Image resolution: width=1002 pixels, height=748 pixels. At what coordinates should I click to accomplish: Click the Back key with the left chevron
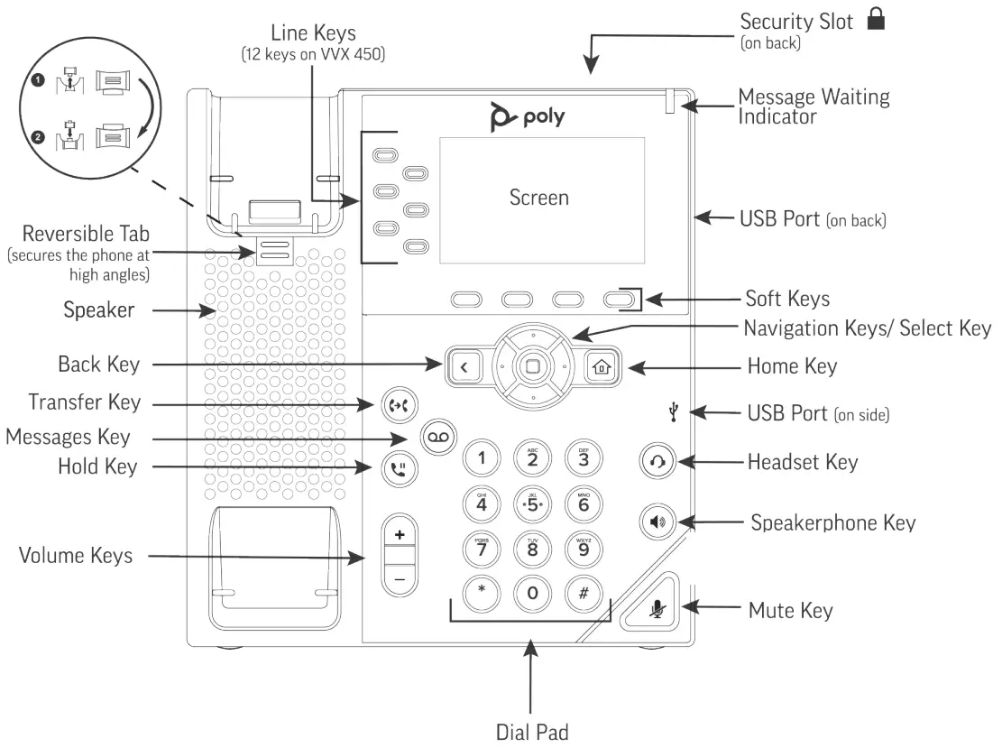tap(463, 367)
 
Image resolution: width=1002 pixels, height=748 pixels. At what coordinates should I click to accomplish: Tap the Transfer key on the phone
tap(396, 405)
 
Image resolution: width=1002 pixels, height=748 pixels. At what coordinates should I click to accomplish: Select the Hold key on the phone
tap(396, 468)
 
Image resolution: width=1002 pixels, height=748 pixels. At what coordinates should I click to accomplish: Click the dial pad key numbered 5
tap(532, 503)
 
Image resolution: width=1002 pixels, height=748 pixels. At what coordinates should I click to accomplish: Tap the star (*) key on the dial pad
tap(481, 592)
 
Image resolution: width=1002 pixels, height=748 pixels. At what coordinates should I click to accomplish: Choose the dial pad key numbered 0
tap(532, 593)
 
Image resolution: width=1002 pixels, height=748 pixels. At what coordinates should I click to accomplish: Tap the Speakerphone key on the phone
tap(658, 522)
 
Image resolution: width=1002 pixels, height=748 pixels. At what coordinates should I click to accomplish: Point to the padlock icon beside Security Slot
tap(875, 21)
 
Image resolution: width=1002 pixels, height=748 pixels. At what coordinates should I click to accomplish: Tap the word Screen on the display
tap(539, 197)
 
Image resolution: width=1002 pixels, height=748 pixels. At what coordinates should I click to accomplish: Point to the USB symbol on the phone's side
tap(674, 412)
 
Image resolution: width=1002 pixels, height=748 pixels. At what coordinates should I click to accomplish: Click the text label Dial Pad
tap(532, 731)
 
